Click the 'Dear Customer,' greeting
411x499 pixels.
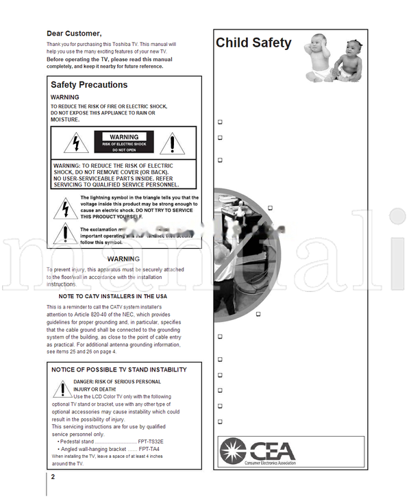click(74, 33)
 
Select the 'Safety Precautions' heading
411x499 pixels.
click(89, 85)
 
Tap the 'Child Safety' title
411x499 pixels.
click(253, 43)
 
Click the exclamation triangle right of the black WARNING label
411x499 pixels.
click(173, 143)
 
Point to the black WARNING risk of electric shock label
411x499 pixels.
click(124, 143)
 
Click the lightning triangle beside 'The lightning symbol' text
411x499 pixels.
click(65, 207)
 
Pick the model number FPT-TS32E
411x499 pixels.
click(151, 441)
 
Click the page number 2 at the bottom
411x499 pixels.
click(53, 477)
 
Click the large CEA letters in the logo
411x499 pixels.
click(272, 450)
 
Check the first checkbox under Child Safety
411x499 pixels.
click(220, 122)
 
